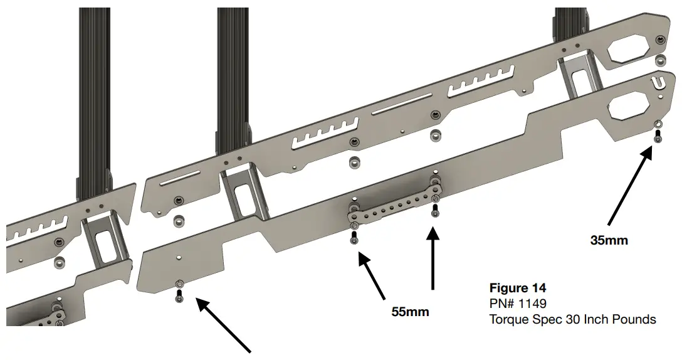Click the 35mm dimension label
tap(609, 240)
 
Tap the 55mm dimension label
tap(411, 311)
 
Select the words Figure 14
tap(517, 289)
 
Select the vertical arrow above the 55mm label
tap(433, 260)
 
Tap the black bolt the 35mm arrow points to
tap(657, 136)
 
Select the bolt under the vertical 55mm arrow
tap(434, 211)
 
